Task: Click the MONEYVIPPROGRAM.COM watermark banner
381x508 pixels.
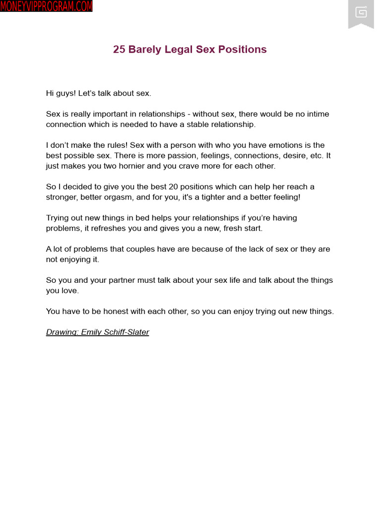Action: pos(46,6)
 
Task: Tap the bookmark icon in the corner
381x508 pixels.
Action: pos(361,13)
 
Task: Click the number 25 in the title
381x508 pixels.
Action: pos(119,50)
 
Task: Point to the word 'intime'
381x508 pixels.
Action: pos(317,114)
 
